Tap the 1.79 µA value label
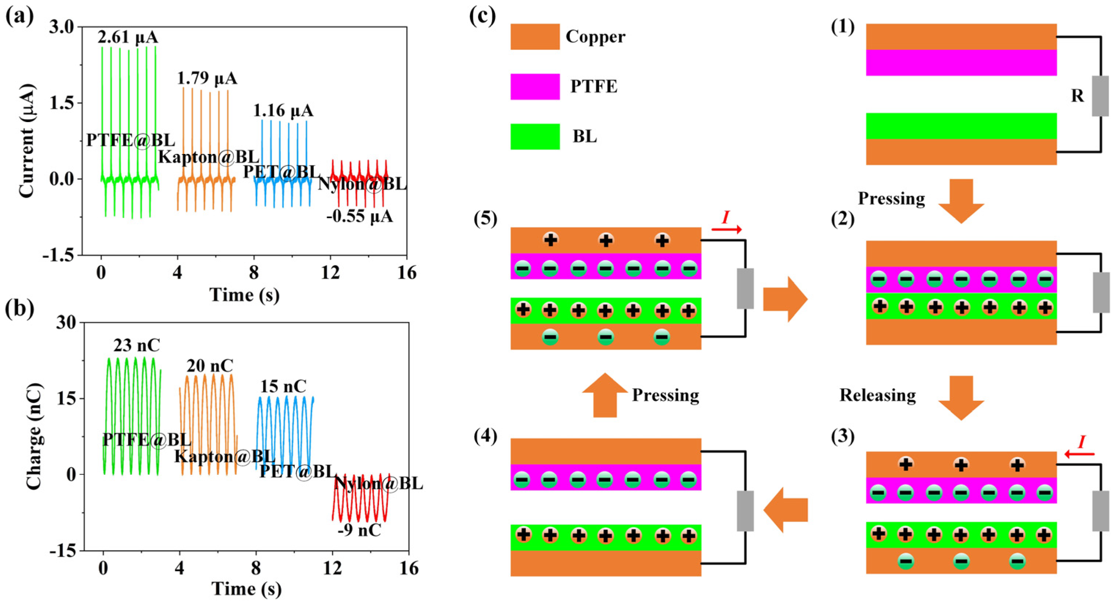tap(207, 79)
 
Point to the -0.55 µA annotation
tap(360, 216)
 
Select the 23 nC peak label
tap(136, 346)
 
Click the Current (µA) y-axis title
tap(27, 141)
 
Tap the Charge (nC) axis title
tap(35, 436)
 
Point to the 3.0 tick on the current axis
tap(62, 27)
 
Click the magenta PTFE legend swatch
tap(535, 87)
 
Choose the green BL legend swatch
tap(535, 137)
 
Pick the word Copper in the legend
tap(595, 37)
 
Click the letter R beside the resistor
tap(1077, 96)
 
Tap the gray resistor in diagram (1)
tap(1100, 96)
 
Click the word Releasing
tap(878, 395)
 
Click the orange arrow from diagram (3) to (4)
tap(785, 510)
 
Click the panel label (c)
tap(482, 16)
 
